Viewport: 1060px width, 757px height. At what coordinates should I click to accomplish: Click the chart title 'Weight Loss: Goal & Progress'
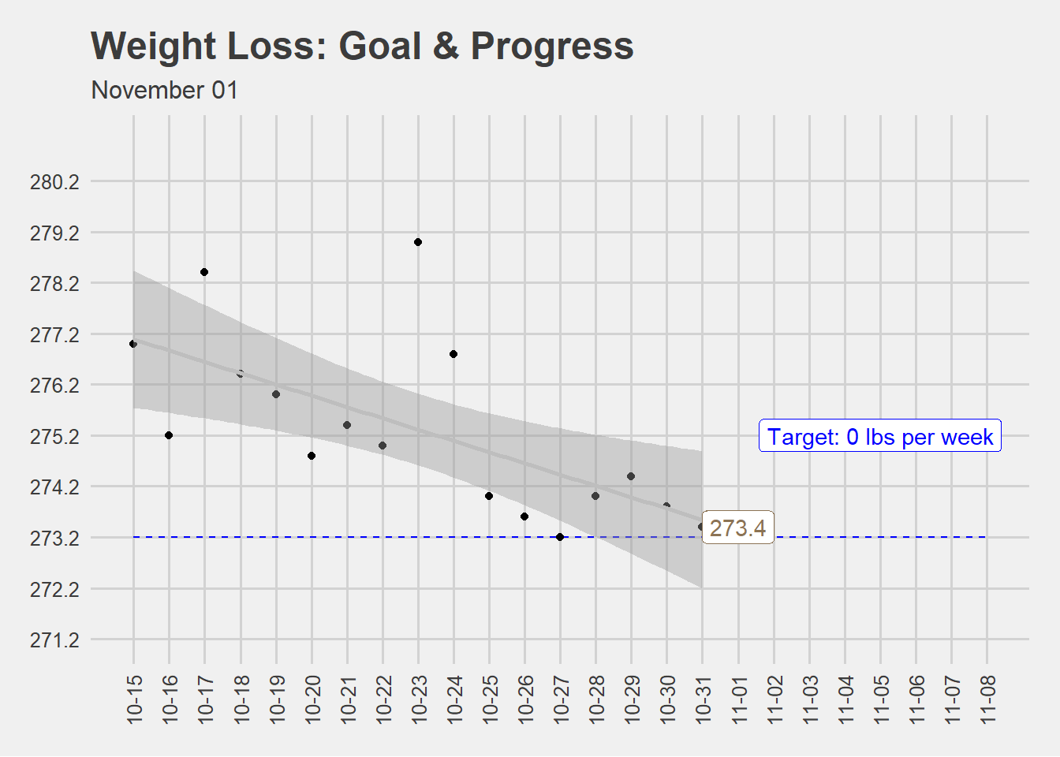pyautogui.click(x=362, y=47)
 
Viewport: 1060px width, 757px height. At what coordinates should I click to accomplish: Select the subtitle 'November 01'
pyautogui.click(x=164, y=91)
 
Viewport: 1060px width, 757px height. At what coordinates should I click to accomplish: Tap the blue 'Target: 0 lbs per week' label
pyautogui.click(x=879, y=436)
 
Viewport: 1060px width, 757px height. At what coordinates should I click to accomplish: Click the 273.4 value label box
pyautogui.click(x=737, y=528)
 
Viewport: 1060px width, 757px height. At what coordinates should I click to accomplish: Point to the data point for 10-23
pyautogui.click(x=418, y=242)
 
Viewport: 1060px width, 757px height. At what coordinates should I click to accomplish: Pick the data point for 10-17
pyautogui.click(x=204, y=272)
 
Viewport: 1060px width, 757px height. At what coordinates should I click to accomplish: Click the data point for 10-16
pyautogui.click(x=169, y=435)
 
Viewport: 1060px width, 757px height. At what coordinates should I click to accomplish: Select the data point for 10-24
pyautogui.click(x=453, y=354)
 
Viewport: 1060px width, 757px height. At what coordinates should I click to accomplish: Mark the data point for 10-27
pyautogui.click(x=560, y=537)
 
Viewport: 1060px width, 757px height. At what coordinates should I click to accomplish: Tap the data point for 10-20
pyautogui.click(x=312, y=456)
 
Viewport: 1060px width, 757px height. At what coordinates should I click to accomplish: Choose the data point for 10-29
pyautogui.click(x=631, y=476)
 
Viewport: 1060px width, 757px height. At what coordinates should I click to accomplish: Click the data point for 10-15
pyautogui.click(x=133, y=344)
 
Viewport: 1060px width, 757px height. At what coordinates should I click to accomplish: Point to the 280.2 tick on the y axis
pyautogui.click(x=54, y=182)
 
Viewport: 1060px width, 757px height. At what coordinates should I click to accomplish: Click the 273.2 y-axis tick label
pyautogui.click(x=54, y=539)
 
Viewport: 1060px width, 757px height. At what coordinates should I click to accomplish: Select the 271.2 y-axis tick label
pyautogui.click(x=54, y=640)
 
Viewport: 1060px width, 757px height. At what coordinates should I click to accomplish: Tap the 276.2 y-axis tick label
pyautogui.click(x=54, y=386)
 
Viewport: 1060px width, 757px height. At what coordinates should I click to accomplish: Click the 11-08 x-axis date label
pyautogui.click(x=987, y=699)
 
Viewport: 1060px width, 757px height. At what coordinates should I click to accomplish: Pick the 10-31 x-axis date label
pyautogui.click(x=703, y=699)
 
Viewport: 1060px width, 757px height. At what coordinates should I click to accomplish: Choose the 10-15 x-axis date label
pyautogui.click(x=134, y=699)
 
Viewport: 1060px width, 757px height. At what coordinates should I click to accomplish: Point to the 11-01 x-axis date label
pyautogui.click(x=738, y=699)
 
